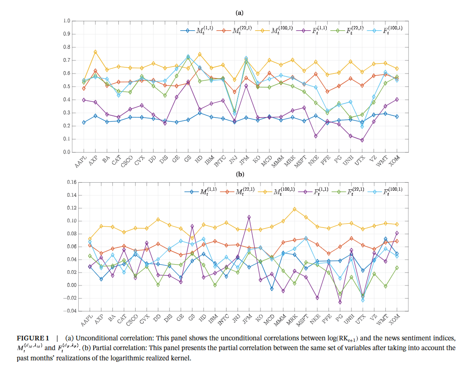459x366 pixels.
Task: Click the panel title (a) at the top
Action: click(240, 13)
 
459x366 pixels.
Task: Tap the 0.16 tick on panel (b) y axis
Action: click(69, 182)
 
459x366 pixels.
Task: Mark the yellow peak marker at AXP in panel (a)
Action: click(95, 52)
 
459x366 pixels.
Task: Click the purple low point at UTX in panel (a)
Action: click(362, 140)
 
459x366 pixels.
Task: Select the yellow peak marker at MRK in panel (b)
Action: click(294, 209)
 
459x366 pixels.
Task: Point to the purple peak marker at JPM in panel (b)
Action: click(249, 217)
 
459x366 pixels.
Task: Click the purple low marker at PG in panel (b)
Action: click(340, 302)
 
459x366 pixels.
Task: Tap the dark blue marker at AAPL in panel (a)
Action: click(84, 122)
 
